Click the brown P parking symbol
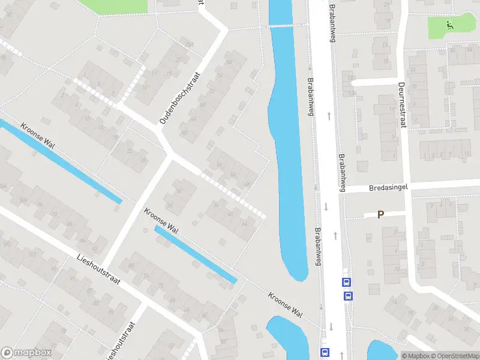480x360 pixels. coord(380,214)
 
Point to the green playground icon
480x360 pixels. coord(449,25)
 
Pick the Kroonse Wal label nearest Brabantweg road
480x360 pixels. coord(285,305)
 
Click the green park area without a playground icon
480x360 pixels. coord(114,6)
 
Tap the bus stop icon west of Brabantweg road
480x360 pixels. coord(325,352)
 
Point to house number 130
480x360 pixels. coord(352,78)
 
